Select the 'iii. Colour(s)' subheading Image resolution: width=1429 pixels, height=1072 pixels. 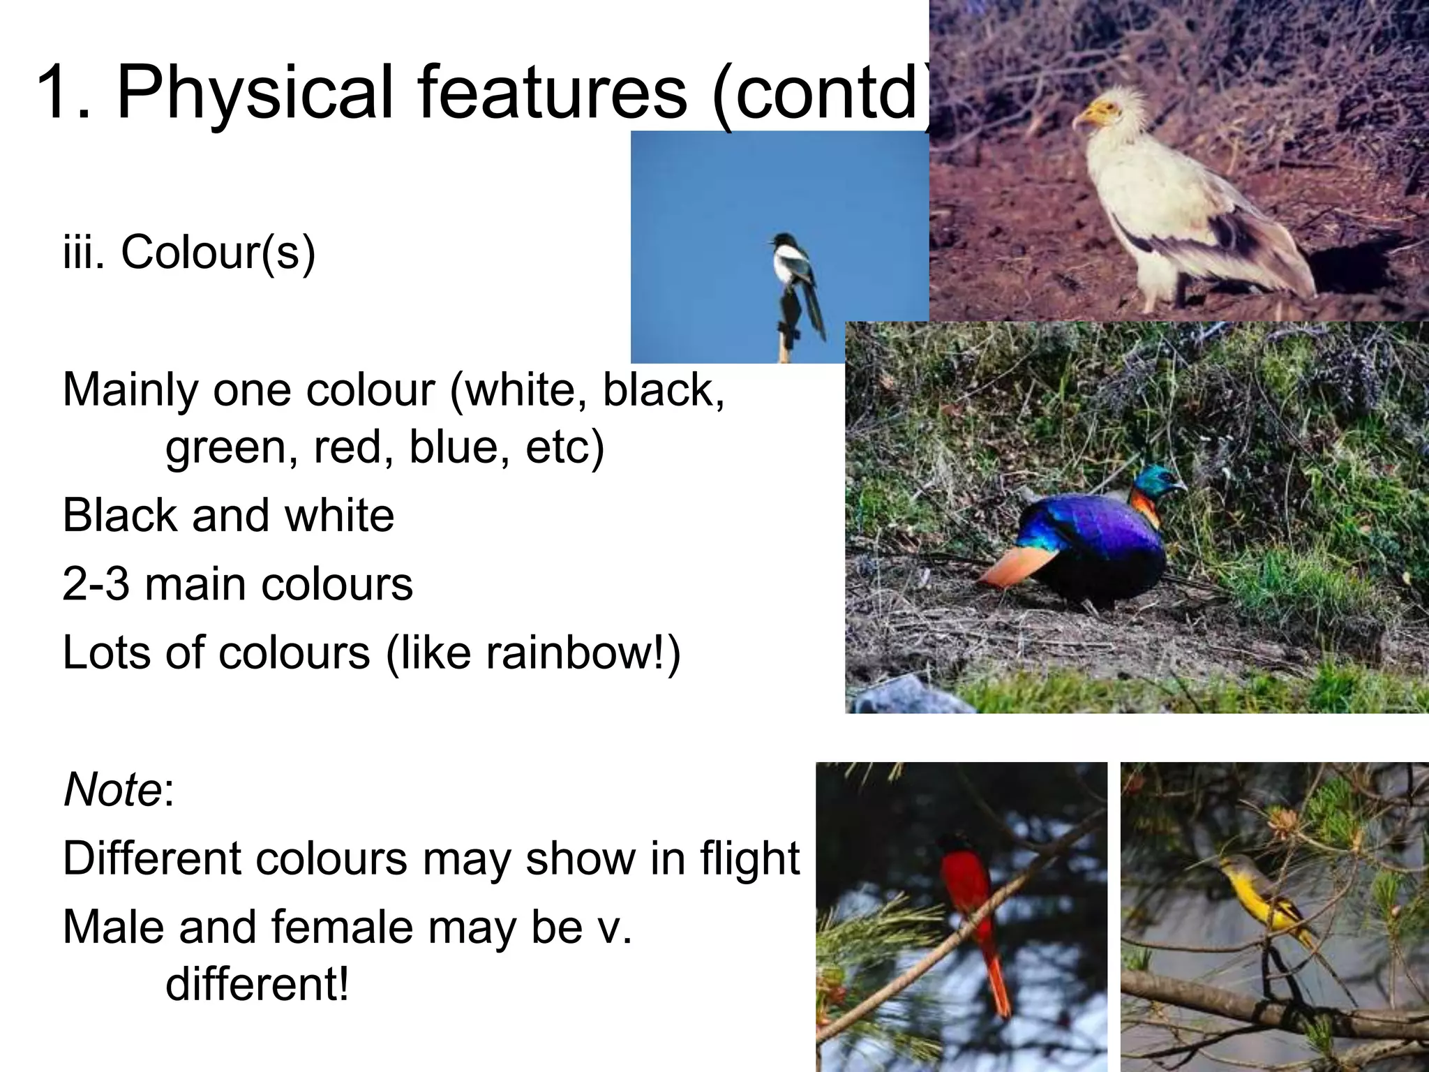click(x=189, y=252)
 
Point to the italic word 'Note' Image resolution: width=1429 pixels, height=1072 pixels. click(x=112, y=790)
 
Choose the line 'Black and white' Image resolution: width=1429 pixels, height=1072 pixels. click(x=228, y=516)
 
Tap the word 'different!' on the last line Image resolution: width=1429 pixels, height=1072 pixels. click(x=257, y=984)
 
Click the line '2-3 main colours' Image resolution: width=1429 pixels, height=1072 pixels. click(x=237, y=584)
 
